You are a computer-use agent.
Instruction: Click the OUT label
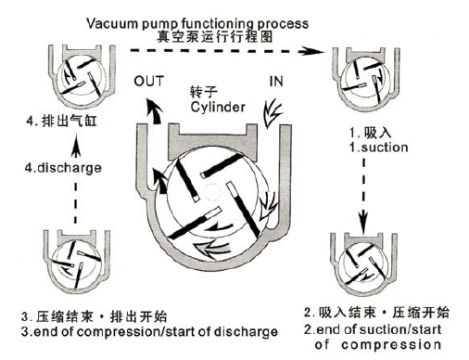pos(148,82)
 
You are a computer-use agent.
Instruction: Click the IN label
pos(276,82)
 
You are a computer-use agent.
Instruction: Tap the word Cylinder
pos(218,108)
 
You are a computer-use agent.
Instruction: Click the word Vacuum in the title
pos(112,23)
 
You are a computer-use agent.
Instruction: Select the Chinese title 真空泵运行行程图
pos(215,37)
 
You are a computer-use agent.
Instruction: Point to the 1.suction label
pos(379,148)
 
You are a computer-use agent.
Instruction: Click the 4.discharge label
pos(63,168)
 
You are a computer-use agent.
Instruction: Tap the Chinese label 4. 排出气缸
pos(61,121)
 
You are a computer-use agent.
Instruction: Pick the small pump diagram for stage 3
pos(77,262)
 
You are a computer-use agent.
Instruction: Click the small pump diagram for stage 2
pos(363,264)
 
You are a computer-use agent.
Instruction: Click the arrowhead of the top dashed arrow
pos(313,50)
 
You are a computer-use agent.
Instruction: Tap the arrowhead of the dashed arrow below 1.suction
pos(363,220)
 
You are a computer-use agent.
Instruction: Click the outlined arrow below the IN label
pos(272,113)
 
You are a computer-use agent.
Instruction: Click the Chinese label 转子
pos(203,92)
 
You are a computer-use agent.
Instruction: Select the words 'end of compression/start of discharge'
pos(156,331)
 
